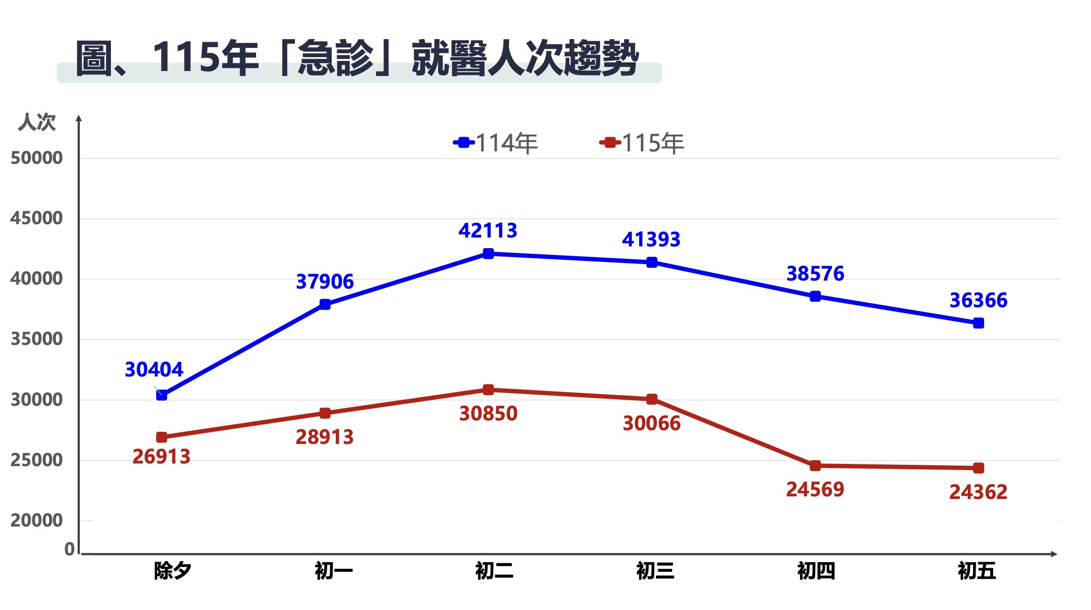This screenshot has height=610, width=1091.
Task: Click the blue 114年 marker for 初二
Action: click(488, 254)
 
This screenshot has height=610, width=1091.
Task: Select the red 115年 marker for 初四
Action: click(815, 466)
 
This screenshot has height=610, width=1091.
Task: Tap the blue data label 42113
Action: click(488, 230)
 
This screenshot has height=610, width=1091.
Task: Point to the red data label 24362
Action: click(978, 492)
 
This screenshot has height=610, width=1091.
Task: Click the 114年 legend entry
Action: click(496, 143)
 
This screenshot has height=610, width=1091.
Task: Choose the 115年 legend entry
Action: click(642, 143)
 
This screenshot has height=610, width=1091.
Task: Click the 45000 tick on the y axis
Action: click(36, 218)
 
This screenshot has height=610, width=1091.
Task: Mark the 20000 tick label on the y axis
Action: click(36, 520)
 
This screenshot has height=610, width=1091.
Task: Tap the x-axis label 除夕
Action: click(173, 570)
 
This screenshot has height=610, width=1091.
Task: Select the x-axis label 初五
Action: click(977, 570)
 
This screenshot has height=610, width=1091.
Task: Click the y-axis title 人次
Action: click(37, 122)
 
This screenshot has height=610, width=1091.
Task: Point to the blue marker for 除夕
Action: click(162, 395)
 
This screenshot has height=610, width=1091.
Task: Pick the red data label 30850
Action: click(488, 413)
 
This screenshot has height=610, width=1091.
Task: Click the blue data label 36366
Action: click(978, 300)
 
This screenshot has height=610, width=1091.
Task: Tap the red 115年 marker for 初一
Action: click(325, 413)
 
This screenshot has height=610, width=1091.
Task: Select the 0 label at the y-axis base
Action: click(70, 549)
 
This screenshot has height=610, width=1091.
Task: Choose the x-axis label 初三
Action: click(655, 570)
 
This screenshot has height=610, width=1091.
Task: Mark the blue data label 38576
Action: click(815, 273)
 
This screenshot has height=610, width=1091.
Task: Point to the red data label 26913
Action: click(161, 456)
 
